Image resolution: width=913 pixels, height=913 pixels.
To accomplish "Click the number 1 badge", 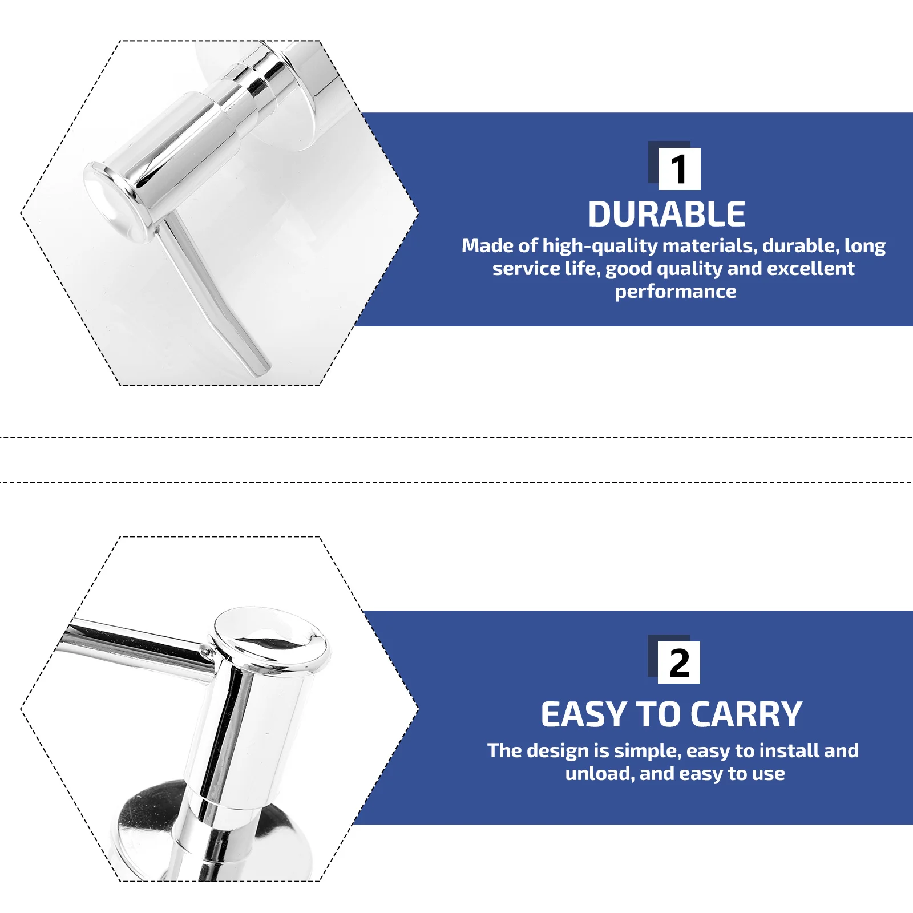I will [x=679, y=169].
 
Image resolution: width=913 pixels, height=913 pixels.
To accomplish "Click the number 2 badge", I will [x=679, y=662].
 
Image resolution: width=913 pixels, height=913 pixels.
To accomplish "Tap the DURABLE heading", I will [x=666, y=215].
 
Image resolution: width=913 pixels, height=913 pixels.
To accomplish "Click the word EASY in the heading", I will [x=584, y=714].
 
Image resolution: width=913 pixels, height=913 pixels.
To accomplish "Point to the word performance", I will [x=676, y=292].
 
